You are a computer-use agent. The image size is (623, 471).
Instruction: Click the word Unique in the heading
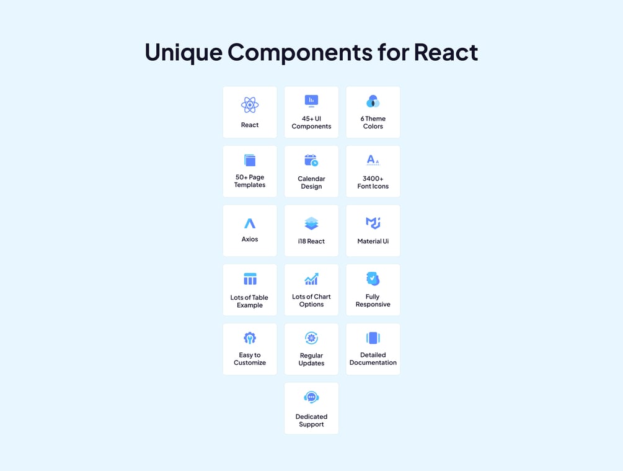pos(183,53)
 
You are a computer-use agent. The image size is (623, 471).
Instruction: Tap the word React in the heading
pos(446,52)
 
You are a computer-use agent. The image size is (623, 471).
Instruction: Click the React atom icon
pos(250,105)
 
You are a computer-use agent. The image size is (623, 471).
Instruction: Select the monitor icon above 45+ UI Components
pos(311,101)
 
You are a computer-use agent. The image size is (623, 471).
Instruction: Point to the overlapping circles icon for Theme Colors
pos(373,101)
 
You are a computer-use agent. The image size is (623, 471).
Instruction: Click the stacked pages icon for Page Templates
pos(250,160)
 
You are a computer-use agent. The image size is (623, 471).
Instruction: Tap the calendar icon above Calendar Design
pos(311,160)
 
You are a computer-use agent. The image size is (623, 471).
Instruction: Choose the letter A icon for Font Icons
pos(373,160)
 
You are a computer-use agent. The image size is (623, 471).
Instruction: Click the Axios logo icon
pos(250,223)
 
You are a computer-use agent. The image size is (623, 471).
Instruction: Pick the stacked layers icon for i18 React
pos(311,223)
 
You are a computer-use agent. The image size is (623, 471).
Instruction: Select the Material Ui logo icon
pos(373,223)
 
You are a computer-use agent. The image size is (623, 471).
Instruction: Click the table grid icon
pos(250,279)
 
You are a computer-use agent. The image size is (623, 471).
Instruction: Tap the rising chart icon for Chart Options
pos(311,279)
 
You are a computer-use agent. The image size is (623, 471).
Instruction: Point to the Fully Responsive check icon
pos(373,279)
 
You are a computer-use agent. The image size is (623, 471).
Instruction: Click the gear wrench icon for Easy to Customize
pos(250,338)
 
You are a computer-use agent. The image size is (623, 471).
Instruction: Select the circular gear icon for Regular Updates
pos(311,338)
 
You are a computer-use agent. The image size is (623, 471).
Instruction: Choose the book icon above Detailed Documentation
pos(373,338)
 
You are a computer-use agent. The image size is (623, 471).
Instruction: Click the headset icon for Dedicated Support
pos(311,397)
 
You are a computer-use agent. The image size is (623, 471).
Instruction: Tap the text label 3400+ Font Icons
pos(373,182)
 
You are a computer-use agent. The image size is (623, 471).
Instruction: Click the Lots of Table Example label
pos(250,301)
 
